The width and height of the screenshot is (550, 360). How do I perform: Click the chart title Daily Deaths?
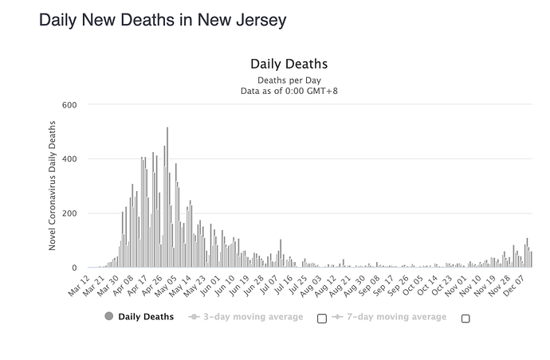[289, 64]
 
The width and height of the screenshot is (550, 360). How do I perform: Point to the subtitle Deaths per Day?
[289, 80]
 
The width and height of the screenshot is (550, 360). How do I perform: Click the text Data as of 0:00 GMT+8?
[289, 91]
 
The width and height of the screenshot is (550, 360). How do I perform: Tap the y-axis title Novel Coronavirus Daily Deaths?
[53, 186]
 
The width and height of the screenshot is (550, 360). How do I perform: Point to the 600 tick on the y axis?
[69, 105]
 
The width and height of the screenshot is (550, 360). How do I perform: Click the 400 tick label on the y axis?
[69, 159]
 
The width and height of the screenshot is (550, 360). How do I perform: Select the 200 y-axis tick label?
[69, 213]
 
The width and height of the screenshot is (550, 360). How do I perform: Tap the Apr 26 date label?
[153, 284]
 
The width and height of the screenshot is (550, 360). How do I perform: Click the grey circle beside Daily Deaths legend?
[109, 316]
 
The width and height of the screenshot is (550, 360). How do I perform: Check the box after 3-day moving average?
[322, 319]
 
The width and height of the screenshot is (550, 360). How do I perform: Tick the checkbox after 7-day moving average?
[466, 319]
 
